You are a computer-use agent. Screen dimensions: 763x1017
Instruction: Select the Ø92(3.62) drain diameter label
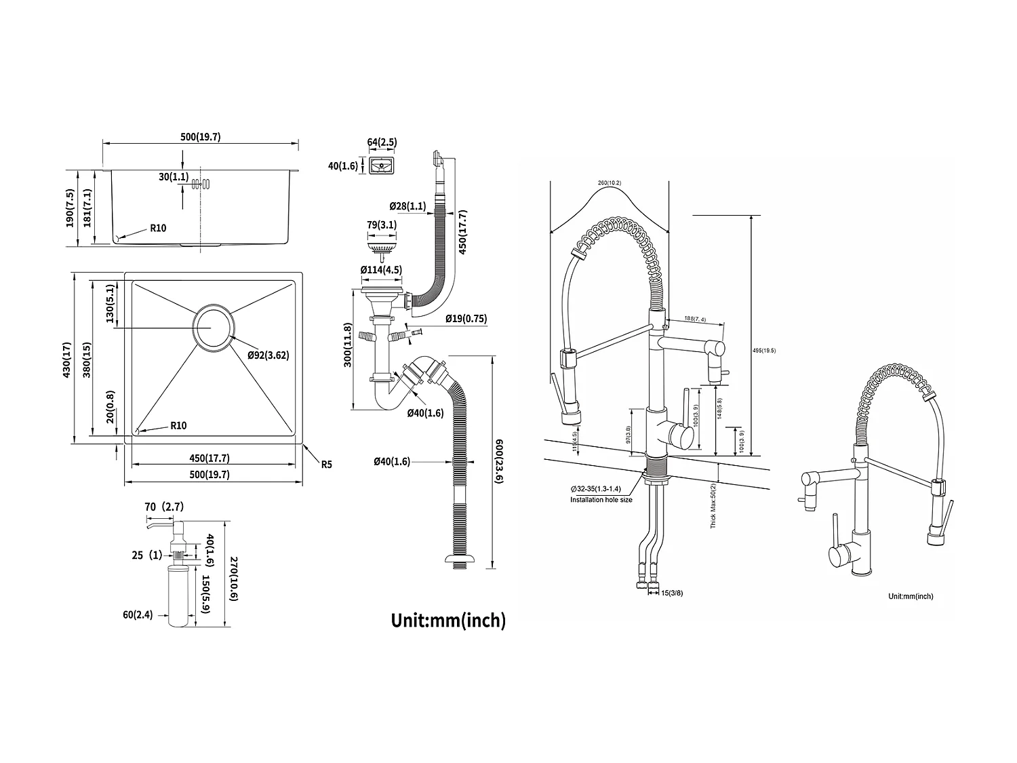268,355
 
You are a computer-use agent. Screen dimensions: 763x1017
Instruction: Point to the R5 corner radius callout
326,465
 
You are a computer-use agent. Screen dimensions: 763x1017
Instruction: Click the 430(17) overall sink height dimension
66,359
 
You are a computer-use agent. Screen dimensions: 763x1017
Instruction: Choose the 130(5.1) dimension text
108,304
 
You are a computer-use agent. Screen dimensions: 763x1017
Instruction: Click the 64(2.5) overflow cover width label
382,142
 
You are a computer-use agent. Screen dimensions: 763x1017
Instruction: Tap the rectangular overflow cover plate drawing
383,165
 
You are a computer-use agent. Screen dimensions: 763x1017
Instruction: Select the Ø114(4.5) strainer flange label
381,270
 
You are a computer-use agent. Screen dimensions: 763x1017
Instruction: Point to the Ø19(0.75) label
466,319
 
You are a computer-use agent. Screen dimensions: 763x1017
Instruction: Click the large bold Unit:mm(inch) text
448,619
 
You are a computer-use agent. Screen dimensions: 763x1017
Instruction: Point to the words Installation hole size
601,500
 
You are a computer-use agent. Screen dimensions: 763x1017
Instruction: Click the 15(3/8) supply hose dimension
673,593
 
